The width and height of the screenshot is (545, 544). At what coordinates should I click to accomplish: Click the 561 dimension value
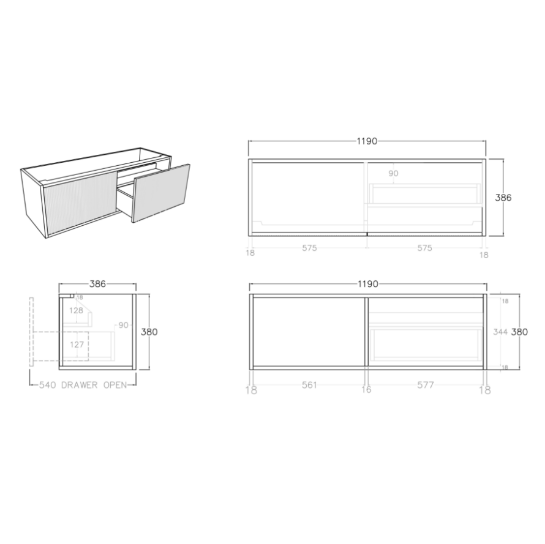click(x=309, y=385)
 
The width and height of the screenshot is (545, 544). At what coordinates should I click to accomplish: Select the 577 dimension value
click(x=425, y=385)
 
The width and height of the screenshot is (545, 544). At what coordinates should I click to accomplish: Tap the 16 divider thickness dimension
click(x=366, y=390)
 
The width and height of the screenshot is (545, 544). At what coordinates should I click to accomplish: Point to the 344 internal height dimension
click(x=500, y=332)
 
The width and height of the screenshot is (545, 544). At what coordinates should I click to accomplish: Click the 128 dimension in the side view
click(x=76, y=310)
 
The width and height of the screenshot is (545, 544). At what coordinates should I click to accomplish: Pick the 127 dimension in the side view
click(x=76, y=344)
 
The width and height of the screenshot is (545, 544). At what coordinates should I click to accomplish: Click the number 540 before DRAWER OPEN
click(x=48, y=386)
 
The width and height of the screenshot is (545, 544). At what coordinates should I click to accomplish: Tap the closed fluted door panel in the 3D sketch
click(x=78, y=199)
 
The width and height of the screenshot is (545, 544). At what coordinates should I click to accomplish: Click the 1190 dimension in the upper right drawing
click(x=367, y=141)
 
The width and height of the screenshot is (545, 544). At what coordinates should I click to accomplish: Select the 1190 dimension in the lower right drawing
click(x=367, y=284)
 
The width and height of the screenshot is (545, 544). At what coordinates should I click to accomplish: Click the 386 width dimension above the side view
click(x=98, y=284)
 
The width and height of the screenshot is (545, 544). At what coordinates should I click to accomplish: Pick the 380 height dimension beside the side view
click(x=149, y=332)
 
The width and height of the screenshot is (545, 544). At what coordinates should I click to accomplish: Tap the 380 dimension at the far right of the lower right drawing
click(x=520, y=332)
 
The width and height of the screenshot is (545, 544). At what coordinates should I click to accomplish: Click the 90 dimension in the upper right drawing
click(x=393, y=173)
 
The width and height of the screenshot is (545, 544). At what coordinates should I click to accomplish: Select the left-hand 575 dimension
click(x=309, y=248)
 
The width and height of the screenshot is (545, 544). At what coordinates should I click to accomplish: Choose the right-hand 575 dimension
click(x=424, y=248)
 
